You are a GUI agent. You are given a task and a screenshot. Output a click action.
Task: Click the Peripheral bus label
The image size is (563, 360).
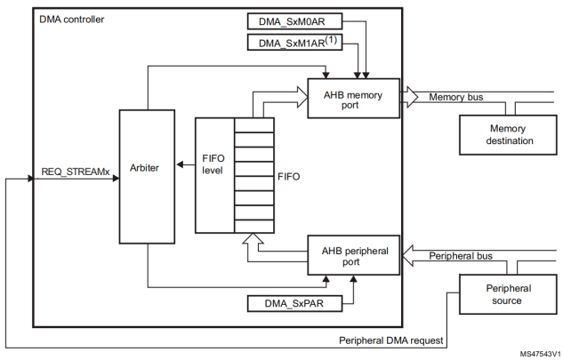461,256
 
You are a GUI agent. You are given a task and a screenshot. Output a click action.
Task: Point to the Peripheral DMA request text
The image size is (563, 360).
391,340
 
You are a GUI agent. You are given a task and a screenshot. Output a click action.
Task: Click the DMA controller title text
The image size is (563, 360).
72,18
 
